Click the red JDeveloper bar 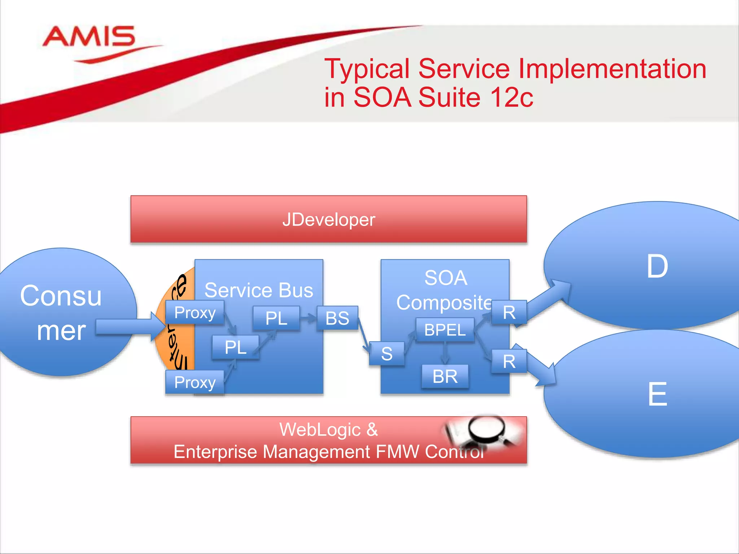(x=328, y=219)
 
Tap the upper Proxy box (x=195, y=312)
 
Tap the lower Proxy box (x=195, y=382)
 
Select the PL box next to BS (x=276, y=318)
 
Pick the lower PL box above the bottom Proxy (x=235, y=347)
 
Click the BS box (x=337, y=318)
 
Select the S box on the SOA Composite (x=387, y=353)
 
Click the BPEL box (x=445, y=330)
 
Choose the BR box (x=445, y=377)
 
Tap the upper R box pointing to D (x=509, y=312)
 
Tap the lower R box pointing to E (x=509, y=361)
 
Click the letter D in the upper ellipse (x=657, y=266)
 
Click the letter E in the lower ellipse (x=657, y=394)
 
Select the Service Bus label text (x=259, y=290)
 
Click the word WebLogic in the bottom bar (x=320, y=430)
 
